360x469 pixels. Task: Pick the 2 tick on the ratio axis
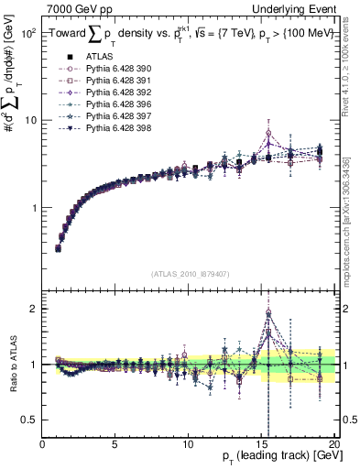pyautogui.click(x=35, y=309)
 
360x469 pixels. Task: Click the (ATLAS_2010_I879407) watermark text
pyautogui.click(x=190, y=273)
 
